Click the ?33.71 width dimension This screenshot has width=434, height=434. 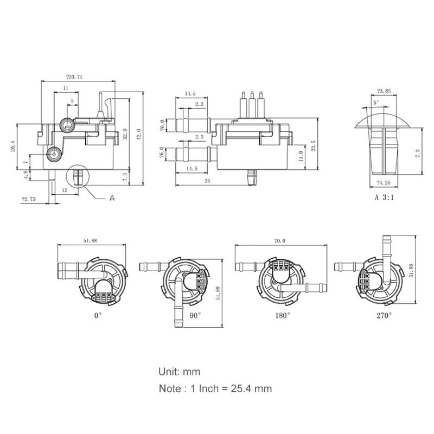[x=74, y=77]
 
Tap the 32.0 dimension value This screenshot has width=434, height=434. [x=125, y=134]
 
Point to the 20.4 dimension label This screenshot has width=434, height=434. [x=14, y=146]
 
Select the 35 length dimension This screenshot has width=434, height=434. [x=207, y=181]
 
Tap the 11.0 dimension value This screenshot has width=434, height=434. [x=301, y=156]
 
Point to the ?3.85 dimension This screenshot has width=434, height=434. [x=384, y=91]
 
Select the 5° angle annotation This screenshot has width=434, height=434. [x=376, y=102]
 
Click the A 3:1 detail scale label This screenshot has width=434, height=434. [x=384, y=197]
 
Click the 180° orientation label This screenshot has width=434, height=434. [x=282, y=314]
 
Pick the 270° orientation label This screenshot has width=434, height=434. [x=383, y=314]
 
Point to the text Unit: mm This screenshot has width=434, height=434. [x=180, y=372]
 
